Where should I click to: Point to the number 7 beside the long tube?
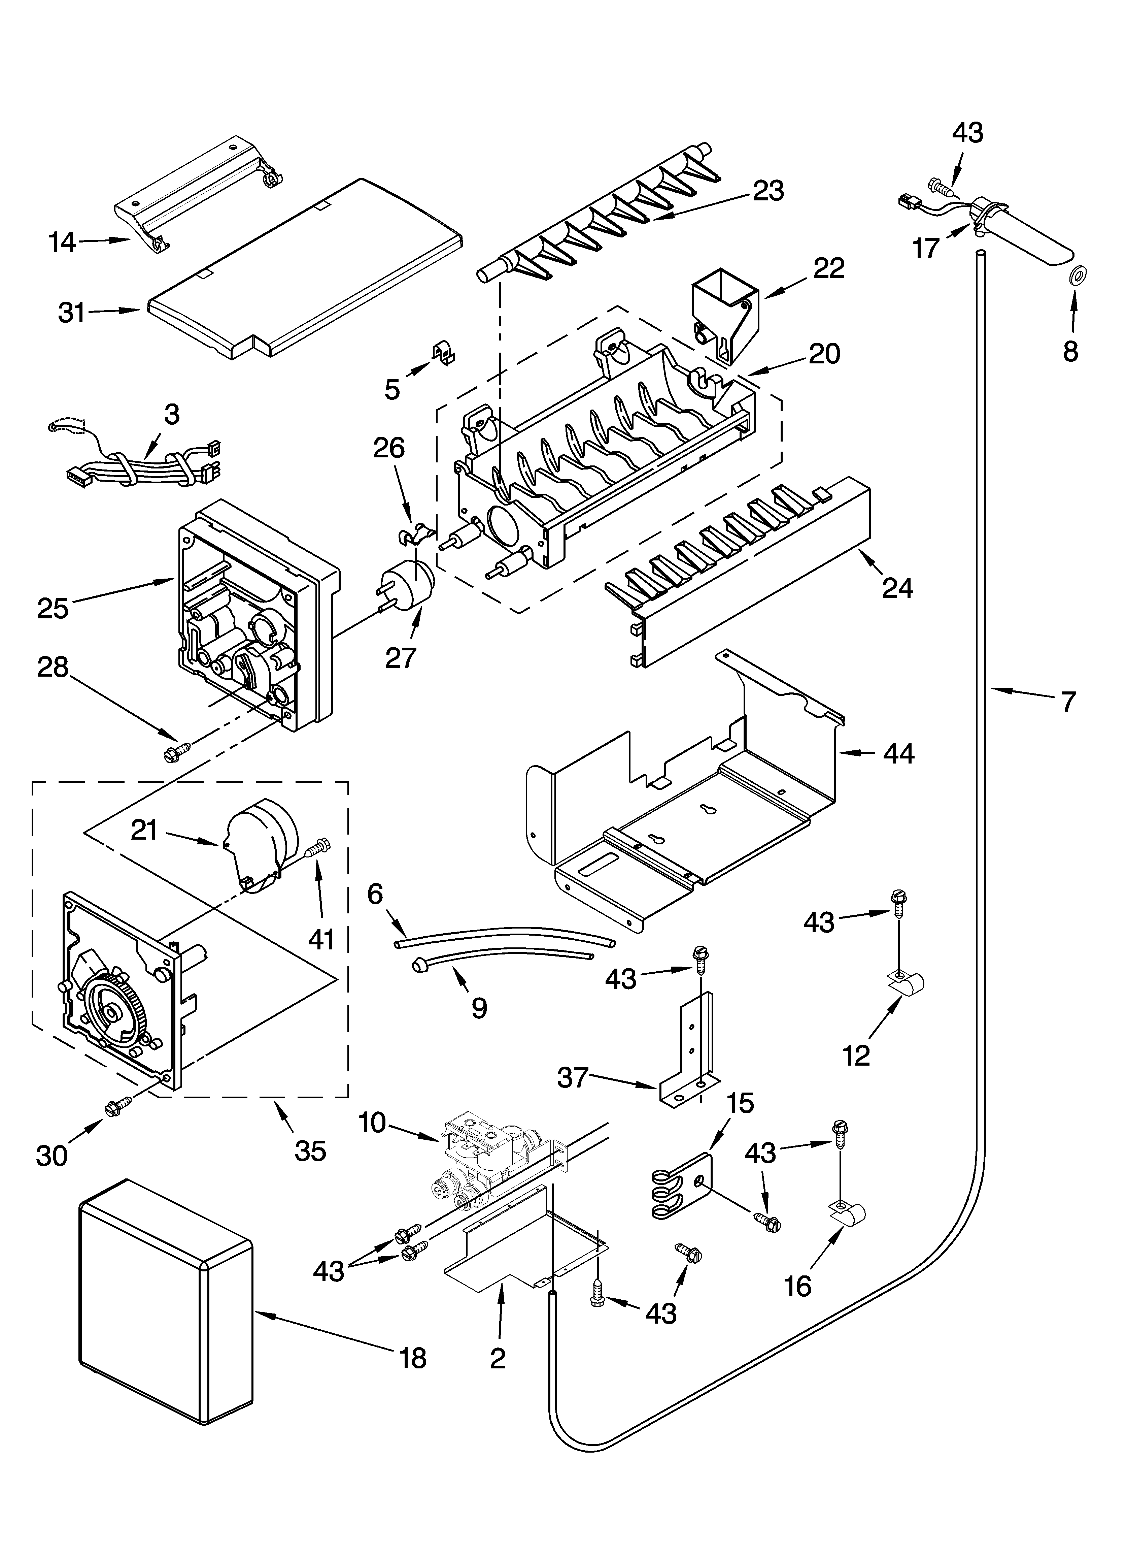[1068, 702]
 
